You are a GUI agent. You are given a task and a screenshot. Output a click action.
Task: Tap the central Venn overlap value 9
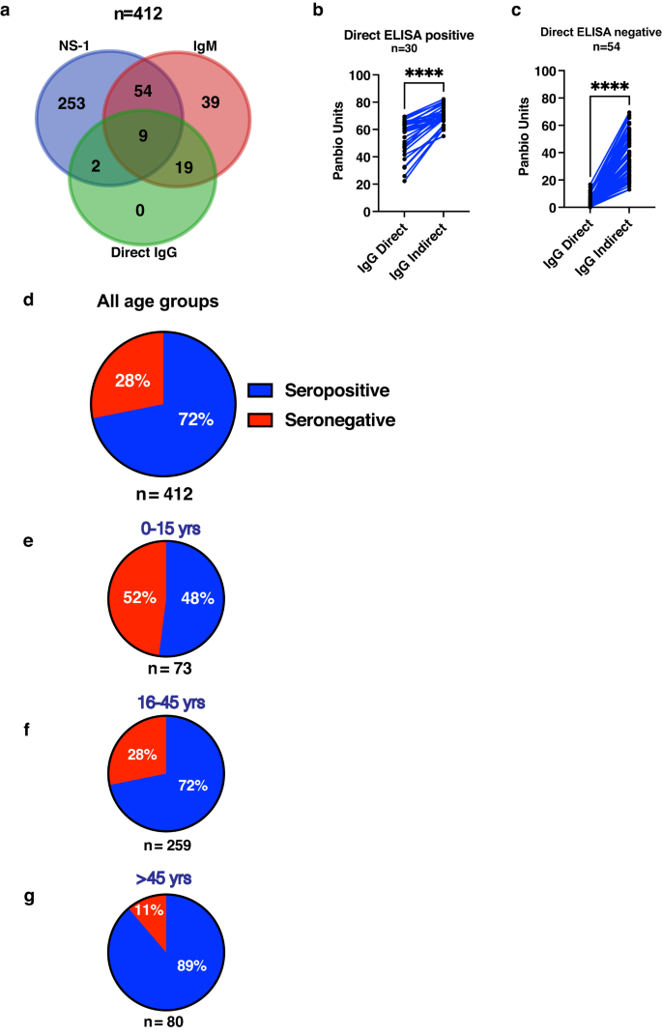tap(144, 136)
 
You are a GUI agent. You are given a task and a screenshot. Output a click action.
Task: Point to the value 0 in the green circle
tap(141, 209)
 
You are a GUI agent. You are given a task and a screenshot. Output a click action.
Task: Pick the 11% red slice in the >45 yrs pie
tap(149, 909)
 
